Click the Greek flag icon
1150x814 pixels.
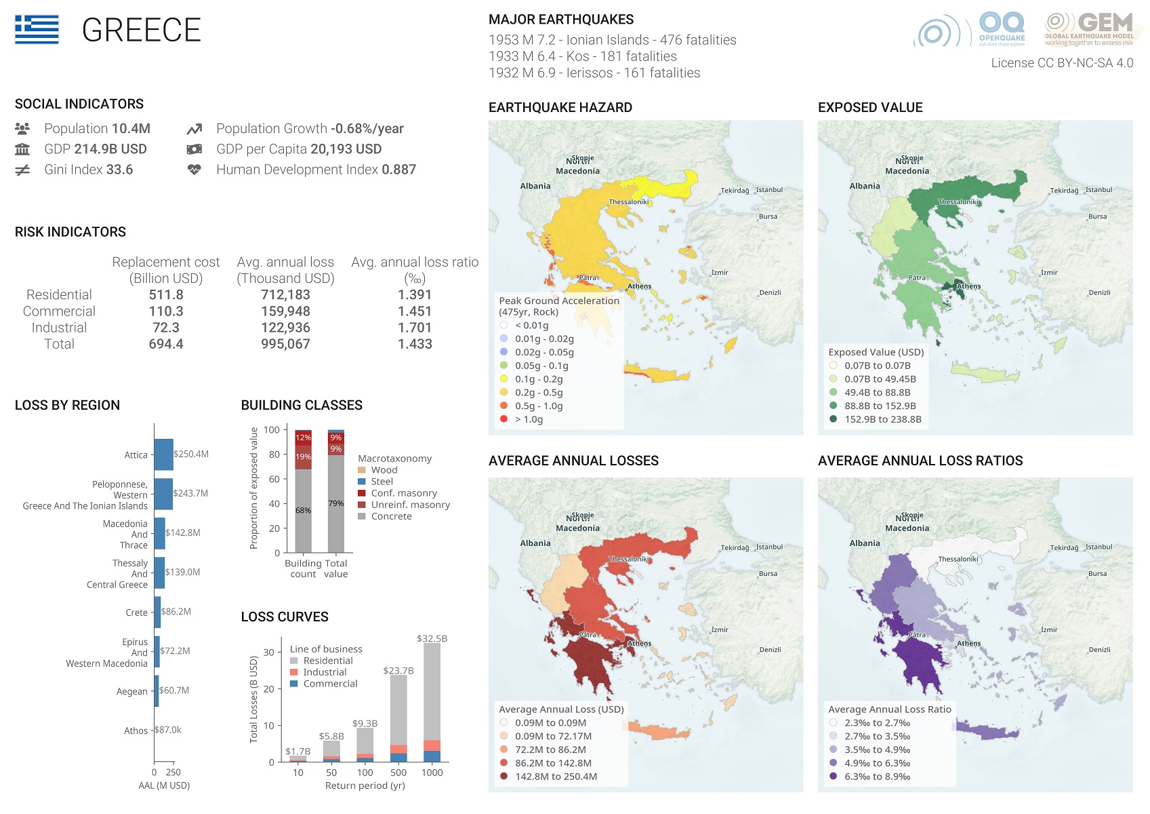[37, 30]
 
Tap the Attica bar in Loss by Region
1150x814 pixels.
[163, 454]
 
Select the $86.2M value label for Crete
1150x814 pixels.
[176, 612]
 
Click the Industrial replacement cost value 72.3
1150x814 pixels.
[166, 328]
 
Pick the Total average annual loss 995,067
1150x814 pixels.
[285, 344]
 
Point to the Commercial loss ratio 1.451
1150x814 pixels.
[415, 311]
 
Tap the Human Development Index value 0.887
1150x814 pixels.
[398, 170]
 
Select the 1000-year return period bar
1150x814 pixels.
[432, 702]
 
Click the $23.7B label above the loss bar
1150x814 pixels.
[398, 671]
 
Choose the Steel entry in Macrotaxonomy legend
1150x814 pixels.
[382, 482]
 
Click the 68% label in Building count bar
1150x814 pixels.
[303, 510]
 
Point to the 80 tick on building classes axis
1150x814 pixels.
[274, 454]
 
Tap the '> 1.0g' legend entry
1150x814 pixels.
[529, 419]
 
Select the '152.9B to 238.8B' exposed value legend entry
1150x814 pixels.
[882, 419]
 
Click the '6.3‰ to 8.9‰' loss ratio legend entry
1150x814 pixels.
[877, 777]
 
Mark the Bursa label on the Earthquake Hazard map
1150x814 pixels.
[768, 216]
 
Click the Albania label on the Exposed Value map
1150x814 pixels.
[865, 186]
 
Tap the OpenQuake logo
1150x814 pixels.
[1002, 29]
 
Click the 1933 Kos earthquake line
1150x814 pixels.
[582, 56]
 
